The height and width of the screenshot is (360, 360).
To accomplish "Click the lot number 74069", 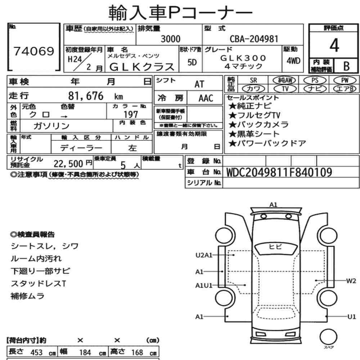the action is pyautogui.click(x=34, y=51).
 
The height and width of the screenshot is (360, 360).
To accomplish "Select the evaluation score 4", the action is pyautogui.click(x=334, y=45).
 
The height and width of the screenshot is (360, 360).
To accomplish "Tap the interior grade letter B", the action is pyautogui.click(x=346, y=66).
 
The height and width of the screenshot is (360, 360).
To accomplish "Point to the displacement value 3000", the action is pyautogui.click(x=171, y=39).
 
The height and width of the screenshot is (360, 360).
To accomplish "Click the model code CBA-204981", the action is pyautogui.click(x=254, y=39).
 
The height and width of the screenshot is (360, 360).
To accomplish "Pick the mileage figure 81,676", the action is pyautogui.click(x=86, y=96).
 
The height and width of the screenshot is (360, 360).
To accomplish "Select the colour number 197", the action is pyautogui.click(x=131, y=114).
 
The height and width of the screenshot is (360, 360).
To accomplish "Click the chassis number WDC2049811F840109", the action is pyautogui.click(x=279, y=172).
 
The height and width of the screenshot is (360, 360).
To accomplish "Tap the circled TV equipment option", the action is pyautogui.click(x=285, y=89).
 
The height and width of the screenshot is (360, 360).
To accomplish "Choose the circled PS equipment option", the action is pyautogui.click(x=315, y=80).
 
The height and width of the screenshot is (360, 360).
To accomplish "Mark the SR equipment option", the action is pyautogui.click(x=253, y=80).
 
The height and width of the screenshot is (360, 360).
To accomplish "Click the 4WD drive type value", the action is pyautogui.click(x=293, y=61).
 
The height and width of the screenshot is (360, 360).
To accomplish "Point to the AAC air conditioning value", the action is pyautogui.click(x=206, y=98).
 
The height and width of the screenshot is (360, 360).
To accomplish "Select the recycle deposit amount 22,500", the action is pyautogui.click(x=68, y=164).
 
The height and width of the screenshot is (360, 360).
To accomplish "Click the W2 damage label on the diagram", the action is pyautogui.click(x=351, y=281).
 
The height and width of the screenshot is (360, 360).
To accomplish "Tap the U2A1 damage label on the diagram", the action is pyautogui.click(x=204, y=255).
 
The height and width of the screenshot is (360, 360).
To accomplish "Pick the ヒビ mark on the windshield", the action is pyautogui.click(x=275, y=247).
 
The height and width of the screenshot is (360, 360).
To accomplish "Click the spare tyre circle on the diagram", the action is pyautogui.click(x=328, y=337).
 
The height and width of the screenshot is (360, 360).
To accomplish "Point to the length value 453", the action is pyautogui.click(x=36, y=352).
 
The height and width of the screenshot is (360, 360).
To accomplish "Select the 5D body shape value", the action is pyautogui.click(x=192, y=62).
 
